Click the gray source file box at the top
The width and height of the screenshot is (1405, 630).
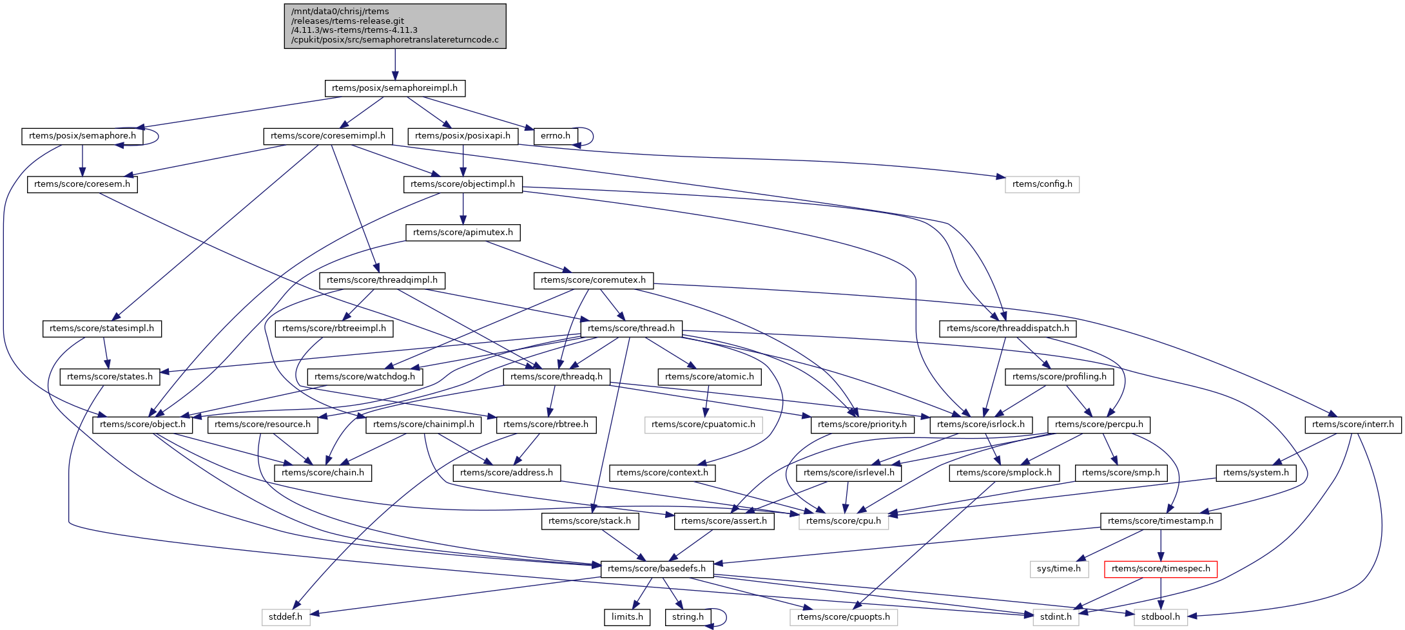tap(395, 26)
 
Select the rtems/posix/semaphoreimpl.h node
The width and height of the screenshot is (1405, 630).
tap(394, 88)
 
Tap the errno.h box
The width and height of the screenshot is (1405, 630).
tap(556, 136)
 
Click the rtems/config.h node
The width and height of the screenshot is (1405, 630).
tap(1042, 184)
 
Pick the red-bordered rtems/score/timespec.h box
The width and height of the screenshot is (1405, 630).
tap(1161, 569)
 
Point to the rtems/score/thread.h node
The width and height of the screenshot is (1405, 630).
tap(631, 329)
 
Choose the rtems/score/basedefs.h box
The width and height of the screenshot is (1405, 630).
tap(657, 569)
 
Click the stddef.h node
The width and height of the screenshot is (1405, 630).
tap(286, 617)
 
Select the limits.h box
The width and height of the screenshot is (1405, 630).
tap(627, 617)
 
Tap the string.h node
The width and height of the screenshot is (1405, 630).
tap(688, 617)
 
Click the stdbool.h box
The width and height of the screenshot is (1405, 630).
tap(1161, 617)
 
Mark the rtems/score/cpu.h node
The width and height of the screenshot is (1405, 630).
tap(843, 521)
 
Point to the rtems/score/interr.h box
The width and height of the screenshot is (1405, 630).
tap(1353, 425)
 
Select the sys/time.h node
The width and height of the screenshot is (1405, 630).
tap(1059, 569)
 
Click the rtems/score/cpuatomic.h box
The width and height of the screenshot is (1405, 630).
tap(703, 425)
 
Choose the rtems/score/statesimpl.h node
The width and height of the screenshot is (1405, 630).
tap(102, 329)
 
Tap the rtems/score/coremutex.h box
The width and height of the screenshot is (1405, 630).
tap(593, 280)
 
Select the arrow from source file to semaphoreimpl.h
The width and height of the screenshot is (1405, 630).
tap(395, 64)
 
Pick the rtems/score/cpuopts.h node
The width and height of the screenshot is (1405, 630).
tap(843, 617)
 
